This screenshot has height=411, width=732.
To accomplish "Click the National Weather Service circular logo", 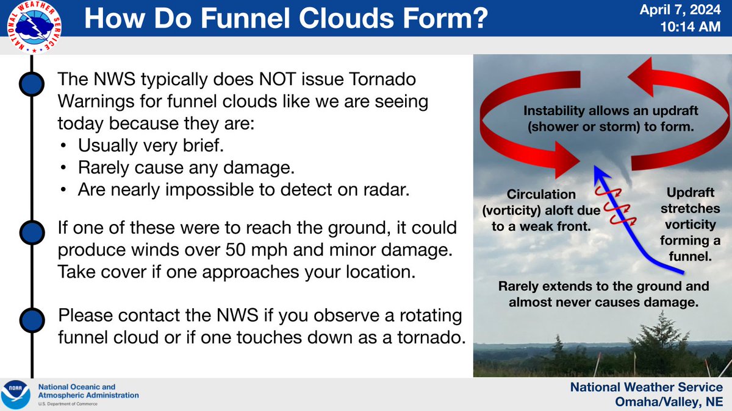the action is (34, 27).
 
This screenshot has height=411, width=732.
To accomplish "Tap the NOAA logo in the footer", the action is (15, 395).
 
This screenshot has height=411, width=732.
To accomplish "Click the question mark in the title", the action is (477, 19).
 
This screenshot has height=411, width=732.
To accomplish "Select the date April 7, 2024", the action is (680, 10).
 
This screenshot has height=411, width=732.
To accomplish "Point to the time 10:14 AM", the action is (690, 27).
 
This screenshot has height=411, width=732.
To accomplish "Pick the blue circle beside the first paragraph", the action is (32, 84).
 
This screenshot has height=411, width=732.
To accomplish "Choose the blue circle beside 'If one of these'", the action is (32, 233).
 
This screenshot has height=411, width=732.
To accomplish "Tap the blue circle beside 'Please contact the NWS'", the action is (32, 320).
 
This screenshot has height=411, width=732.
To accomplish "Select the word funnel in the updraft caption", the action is (690, 256).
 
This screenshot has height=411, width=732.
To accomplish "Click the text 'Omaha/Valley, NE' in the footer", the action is (669, 401).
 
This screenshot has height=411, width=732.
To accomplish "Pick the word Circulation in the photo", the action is (541, 194).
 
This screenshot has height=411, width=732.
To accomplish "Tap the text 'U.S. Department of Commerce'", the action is (68, 404).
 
